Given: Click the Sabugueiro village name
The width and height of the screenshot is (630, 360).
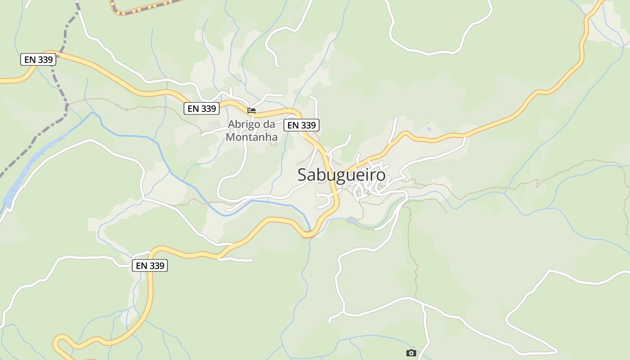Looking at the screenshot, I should click(x=341, y=175).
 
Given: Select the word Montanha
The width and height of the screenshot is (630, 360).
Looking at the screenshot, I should click(x=252, y=137).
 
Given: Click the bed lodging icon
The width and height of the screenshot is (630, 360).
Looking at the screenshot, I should click(x=252, y=110).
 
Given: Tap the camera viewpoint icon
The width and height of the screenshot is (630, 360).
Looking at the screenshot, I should click(x=411, y=353).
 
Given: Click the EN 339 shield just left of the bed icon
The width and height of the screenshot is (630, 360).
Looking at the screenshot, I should click(x=201, y=108).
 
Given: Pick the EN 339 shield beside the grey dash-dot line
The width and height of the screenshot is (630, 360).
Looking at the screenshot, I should click(x=38, y=59).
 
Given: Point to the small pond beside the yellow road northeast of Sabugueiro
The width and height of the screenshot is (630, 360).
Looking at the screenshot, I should click(x=428, y=129).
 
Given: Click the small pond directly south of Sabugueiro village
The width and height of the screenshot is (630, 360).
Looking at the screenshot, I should click(x=352, y=220).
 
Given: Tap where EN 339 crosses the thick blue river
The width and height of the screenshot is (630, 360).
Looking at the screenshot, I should click(x=309, y=233).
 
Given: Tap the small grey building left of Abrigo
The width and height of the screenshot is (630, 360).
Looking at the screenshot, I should click(x=215, y=123).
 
